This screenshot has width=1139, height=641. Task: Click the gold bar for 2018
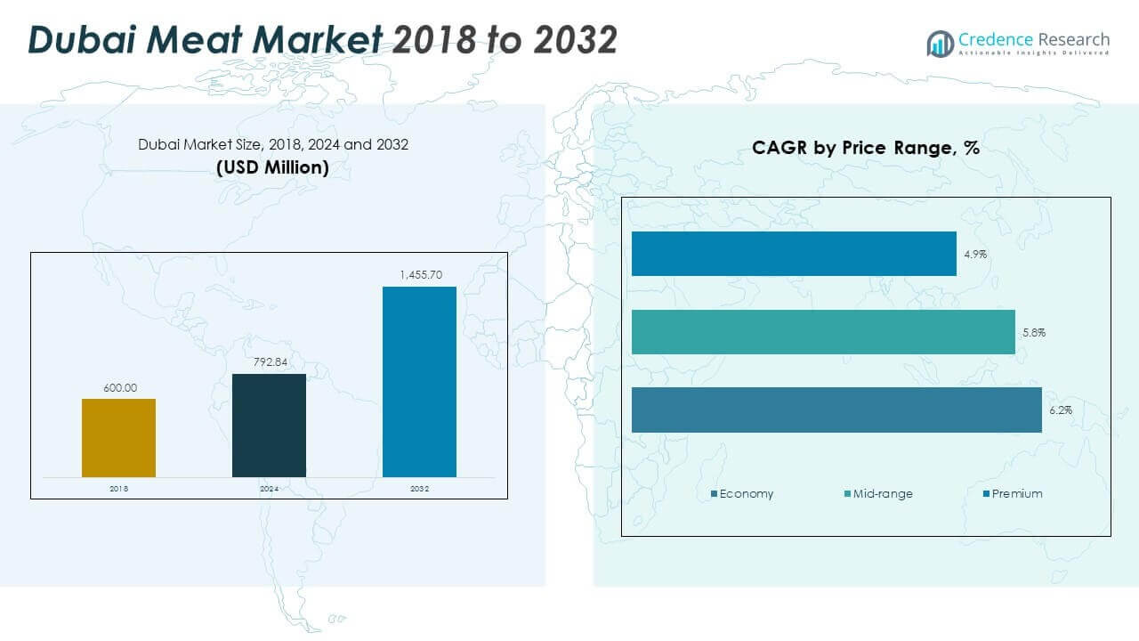(x=118, y=438)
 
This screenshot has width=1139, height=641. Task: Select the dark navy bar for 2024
(x=269, y=426)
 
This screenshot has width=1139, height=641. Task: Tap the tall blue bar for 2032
(x=419, y=382)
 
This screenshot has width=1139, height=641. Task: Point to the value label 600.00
(x=120, y=387)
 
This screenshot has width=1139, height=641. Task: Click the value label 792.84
(x=271, y=361)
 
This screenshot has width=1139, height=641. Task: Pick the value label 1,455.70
(x=421, y=275)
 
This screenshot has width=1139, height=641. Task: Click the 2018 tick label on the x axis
(x=118, y=489)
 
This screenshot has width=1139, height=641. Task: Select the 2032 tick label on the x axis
(x=419, y=489)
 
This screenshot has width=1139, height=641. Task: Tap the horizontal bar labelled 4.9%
(x=794, y=254)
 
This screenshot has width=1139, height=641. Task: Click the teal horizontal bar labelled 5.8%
(x=823, y=332)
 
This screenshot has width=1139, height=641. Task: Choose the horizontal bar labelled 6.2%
(x=836, y=410)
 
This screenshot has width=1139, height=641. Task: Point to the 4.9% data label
(x=975, y=254)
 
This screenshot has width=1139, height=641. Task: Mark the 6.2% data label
(x=1061, y=410)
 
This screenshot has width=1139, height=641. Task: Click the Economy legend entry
(x=742, y=493)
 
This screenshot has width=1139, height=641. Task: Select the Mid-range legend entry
(x=878, y=493)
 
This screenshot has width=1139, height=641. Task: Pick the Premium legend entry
(x=1013, y=493)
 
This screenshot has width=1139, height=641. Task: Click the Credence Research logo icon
(x=940, y=44)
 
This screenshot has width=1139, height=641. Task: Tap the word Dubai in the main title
(x=82, y=39)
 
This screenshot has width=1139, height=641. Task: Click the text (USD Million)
(x=272, y=167)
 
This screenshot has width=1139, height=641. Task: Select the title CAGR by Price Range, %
(x=866, y=148)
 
